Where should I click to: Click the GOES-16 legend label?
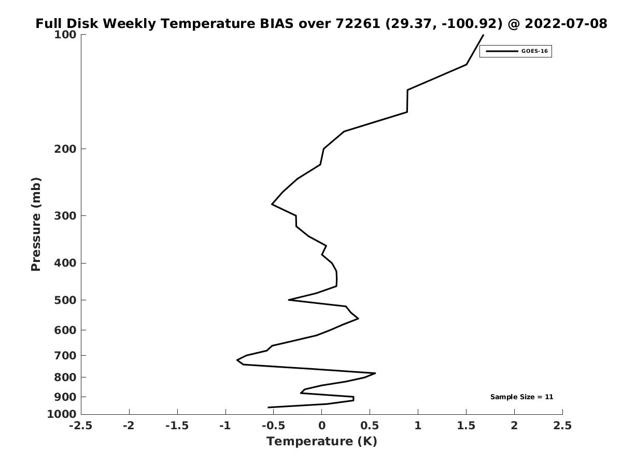534,51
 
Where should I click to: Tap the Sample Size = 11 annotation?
521,397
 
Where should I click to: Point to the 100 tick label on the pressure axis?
65,35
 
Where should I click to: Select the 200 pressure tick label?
65,149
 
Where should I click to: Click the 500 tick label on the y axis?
65,300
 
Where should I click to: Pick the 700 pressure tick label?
65,355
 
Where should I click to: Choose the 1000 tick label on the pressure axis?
62,414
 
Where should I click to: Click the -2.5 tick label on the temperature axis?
81,426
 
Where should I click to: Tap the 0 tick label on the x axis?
322,426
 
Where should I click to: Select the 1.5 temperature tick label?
466,426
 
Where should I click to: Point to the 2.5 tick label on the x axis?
562,426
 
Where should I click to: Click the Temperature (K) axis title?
322,441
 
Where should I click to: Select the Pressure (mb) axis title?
36,224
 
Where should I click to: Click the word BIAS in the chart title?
277,23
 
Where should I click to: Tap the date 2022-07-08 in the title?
566,23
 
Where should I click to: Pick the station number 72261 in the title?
358,23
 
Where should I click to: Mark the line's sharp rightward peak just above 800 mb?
375,373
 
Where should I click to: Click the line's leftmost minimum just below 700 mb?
237,360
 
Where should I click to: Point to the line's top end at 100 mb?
483,35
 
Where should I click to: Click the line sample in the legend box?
502,51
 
